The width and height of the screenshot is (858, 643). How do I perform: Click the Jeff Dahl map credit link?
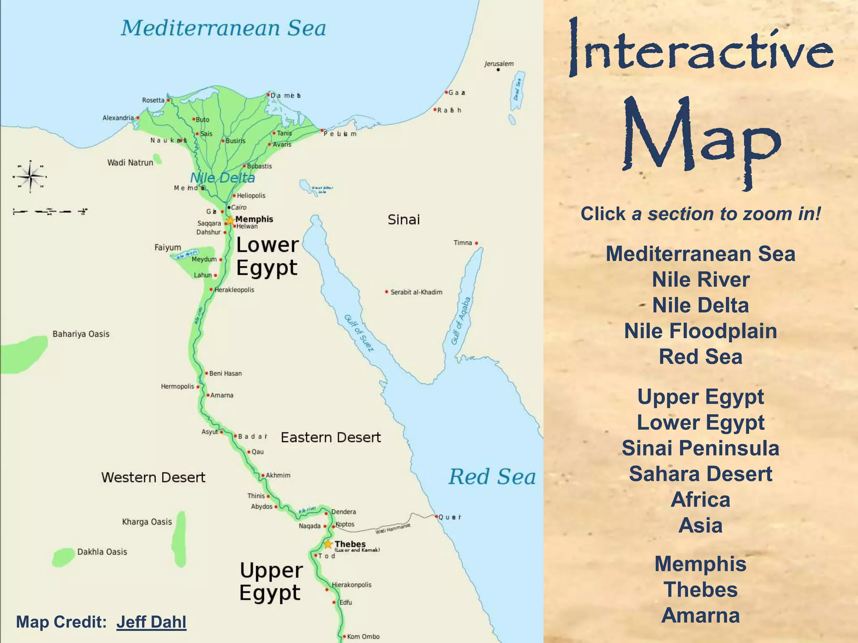[151, 622]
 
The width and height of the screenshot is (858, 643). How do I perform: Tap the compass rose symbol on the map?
[30, 176]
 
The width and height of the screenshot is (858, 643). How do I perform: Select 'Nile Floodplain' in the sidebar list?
[700, 331]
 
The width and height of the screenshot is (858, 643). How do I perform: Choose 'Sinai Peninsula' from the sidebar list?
[700, 448]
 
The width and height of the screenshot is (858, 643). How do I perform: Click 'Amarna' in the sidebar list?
[700, 615]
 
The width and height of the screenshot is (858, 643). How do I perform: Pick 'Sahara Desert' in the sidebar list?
[700, 474]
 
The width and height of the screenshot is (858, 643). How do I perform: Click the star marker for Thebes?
[328, 544]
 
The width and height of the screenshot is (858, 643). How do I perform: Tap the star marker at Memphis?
[230, 220]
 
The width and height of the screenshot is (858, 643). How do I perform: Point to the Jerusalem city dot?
[498, 70]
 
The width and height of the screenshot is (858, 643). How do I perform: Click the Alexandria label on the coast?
[118, 118]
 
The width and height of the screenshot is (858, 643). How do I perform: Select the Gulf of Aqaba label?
[461, 321]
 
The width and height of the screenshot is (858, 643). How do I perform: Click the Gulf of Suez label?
[359, 333]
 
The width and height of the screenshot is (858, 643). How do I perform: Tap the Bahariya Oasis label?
[81, 334]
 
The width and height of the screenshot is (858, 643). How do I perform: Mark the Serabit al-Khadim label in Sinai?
[416, 292]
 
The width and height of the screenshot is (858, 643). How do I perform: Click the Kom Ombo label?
[363, 637]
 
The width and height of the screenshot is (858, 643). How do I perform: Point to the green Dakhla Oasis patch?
[63, 557]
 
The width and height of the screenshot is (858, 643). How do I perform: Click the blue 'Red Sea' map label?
[492, 477]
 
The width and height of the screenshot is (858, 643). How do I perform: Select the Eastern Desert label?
[331, 437]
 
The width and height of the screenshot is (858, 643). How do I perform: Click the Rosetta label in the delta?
[153, 100]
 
